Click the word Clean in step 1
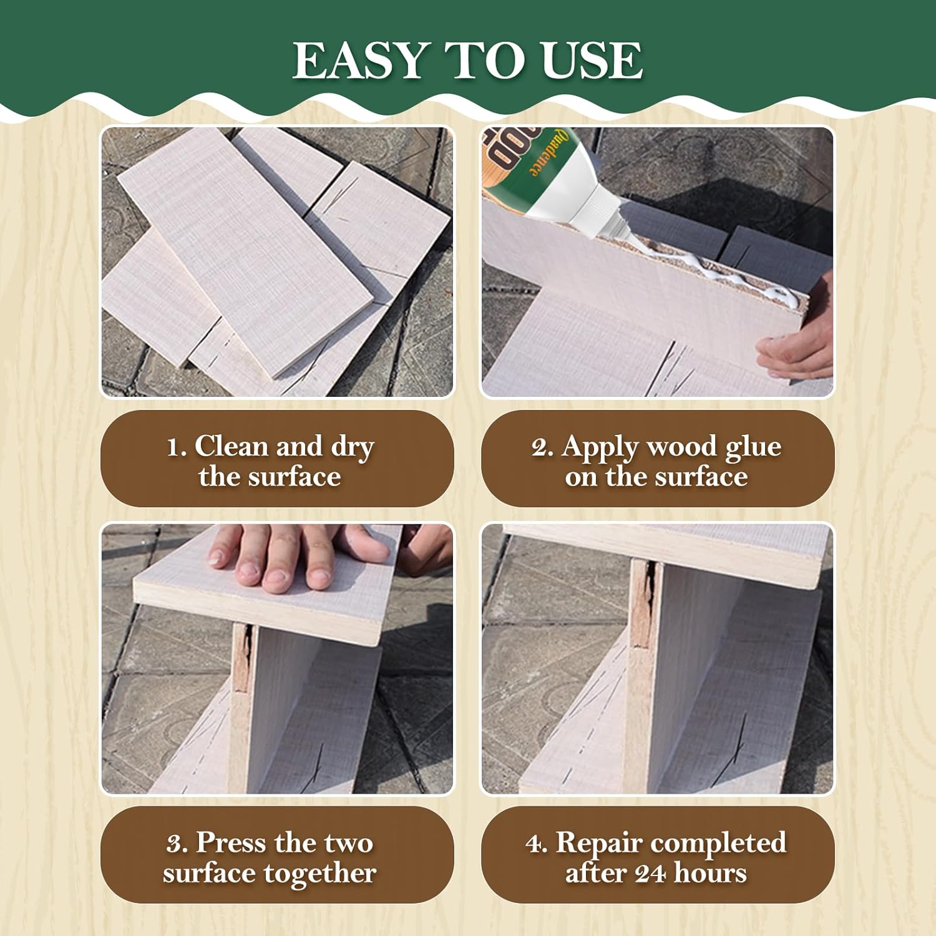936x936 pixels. coord(232,446)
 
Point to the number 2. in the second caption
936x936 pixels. coord(542,447)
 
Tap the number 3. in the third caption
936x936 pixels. coord(177,844)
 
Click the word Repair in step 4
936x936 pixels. coord(598,844)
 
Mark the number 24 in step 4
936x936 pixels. coord(651,873)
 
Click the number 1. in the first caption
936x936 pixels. coord(177,447)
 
